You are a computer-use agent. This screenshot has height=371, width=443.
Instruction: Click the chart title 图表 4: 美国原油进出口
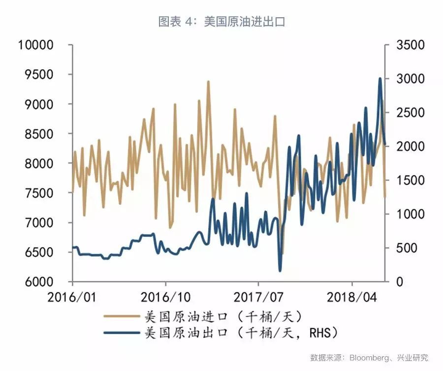tap(221, 22)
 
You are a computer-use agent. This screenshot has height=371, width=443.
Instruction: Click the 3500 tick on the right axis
tap(410, 45)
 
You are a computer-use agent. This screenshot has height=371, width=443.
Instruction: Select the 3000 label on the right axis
tap(410, 79)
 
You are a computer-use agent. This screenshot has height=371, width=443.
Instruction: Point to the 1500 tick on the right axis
tap(410, 180)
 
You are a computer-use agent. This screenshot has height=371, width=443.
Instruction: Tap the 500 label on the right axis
tap(406, 248)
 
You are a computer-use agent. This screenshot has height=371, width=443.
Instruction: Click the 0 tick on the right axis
tap(400, 282)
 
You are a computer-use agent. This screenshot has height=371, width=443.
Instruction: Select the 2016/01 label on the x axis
tap(73, 298)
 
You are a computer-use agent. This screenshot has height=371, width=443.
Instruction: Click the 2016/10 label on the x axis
tap(166, 298)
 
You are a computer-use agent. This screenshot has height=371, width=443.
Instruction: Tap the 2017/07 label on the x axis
tap(258, 298)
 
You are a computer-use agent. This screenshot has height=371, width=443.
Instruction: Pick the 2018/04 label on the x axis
tap(351, 298)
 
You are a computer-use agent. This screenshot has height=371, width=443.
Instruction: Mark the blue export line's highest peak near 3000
tap(380, 78)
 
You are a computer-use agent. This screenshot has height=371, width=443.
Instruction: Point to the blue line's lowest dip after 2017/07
tap(280, 270)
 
